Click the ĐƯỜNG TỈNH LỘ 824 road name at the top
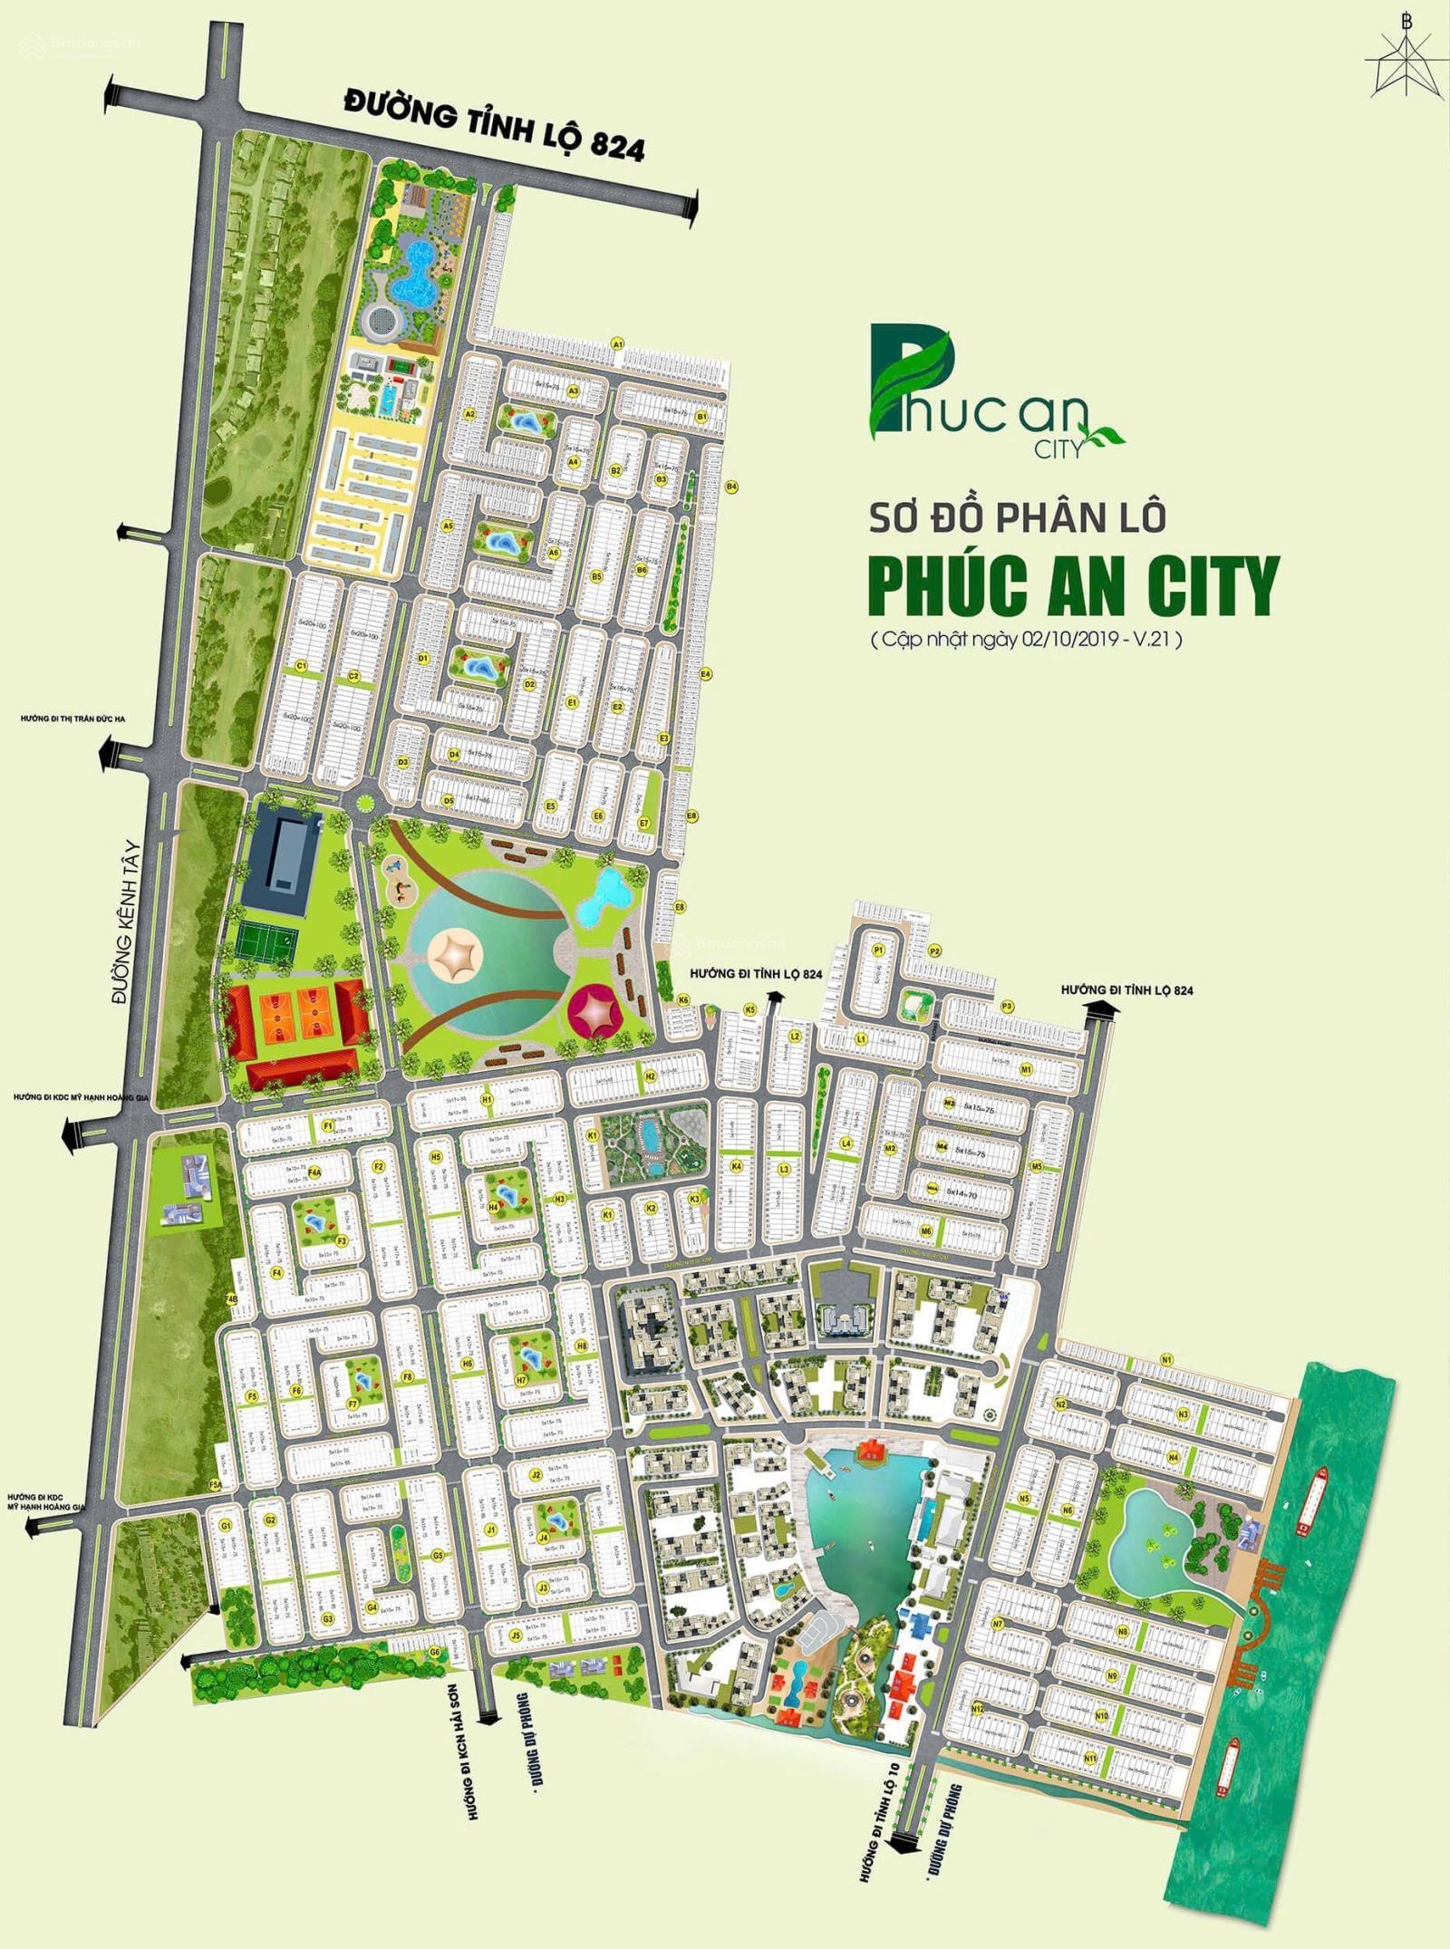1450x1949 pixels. (494, 126)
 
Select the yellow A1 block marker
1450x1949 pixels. (618, 344)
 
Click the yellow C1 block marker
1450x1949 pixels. (302, 666)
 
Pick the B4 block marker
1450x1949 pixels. (731, 487)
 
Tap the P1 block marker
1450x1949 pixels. (877, 950)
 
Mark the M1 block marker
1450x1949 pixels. (1027, 1070)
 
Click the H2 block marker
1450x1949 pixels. (650, 1076)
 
